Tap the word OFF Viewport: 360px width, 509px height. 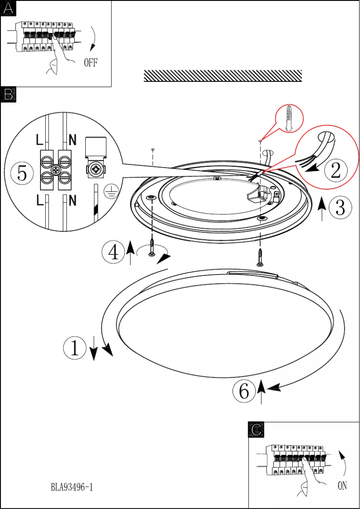[x=91, y=62]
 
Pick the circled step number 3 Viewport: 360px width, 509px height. [x=341, y=207]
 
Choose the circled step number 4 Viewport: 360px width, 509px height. [x=114, y=252]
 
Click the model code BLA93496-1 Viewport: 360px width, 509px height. [x=72, y=487]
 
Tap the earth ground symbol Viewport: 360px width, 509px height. [x=110, y=193]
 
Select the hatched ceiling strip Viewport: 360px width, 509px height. [x=223, y=76]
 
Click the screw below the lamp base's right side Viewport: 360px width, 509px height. [x=260, y=258]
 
